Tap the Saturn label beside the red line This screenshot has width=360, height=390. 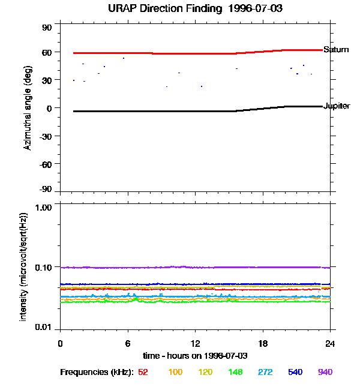tap(336, 50)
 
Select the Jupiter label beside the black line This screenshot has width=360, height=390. tap(337, 106)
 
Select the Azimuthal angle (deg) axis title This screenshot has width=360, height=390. tap(28, 108)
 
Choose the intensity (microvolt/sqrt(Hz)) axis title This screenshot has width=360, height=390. tap(25, 266)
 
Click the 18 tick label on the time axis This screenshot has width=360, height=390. tap(263, 343)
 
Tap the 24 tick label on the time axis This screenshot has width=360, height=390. tap(330, 343)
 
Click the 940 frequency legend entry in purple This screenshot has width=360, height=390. tap(325, 372)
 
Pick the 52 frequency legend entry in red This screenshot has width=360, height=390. tap(143, 372)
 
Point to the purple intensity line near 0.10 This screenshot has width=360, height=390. tap(180, 267)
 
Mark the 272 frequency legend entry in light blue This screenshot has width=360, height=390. tap(265, 372)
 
